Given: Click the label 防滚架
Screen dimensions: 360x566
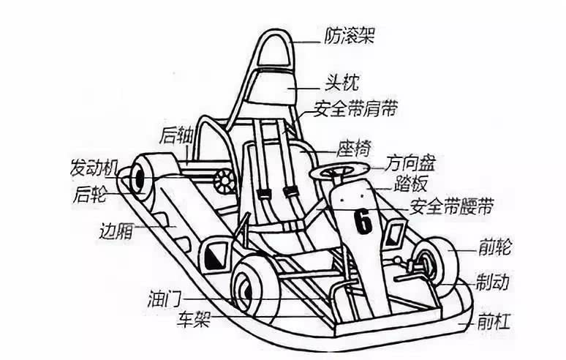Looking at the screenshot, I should tap(348, 35).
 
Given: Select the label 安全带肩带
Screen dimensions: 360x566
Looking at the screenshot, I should tap(355, 110).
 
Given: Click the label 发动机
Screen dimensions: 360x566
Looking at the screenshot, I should tap(94, 167).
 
